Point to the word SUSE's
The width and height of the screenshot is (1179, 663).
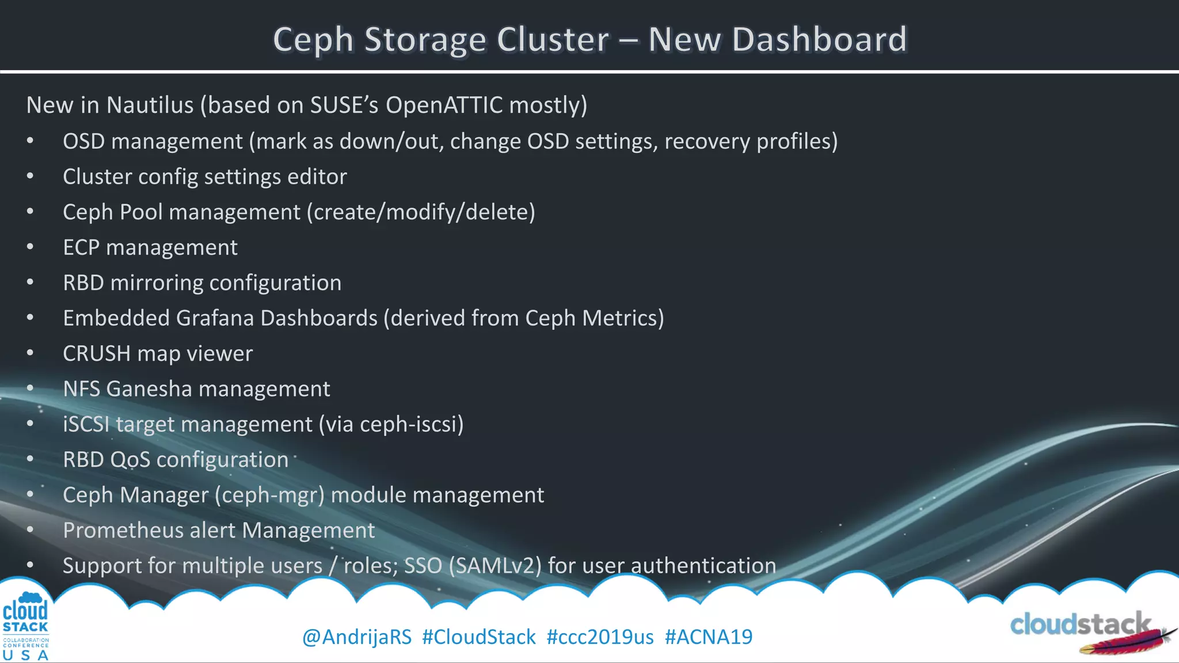coord(344,105)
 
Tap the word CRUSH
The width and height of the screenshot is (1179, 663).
coord(97,354)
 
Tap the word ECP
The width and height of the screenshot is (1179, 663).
coord(81,247)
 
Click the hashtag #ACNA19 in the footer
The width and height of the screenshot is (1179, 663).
coord(708,637)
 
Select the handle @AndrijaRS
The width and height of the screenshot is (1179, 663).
coord(357,637)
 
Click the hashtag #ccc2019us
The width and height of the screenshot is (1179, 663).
coord(600,637)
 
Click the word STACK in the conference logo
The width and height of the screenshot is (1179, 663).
coord(25,627)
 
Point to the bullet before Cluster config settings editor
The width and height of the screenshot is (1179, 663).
coord(30,177)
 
